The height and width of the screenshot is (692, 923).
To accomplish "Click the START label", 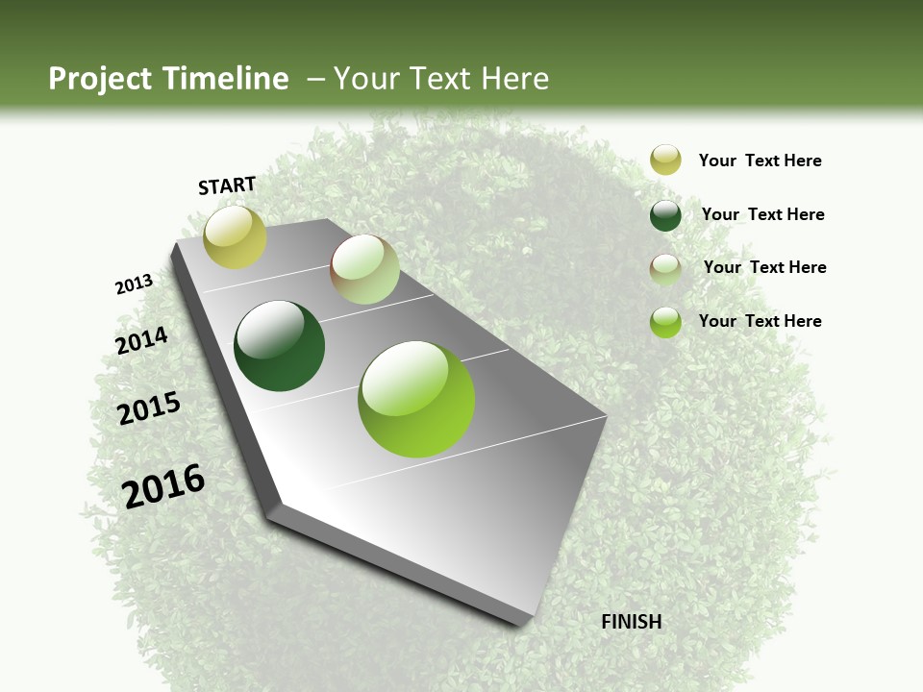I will (227, 185).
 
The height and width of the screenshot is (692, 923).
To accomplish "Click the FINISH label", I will (632, 622).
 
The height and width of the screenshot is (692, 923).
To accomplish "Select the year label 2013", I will (134, 284).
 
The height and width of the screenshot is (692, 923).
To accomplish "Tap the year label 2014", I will (141, 341).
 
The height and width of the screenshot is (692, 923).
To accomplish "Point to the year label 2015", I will (149, 408).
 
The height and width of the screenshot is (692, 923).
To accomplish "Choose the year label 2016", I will (163, 485).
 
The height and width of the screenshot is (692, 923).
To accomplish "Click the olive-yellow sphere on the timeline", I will (235, 236).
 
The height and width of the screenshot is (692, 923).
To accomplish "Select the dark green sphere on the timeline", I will (280, 346).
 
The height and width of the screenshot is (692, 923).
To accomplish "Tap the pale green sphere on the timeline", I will (364, 269).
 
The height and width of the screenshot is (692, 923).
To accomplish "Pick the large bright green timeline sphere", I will (416, 399).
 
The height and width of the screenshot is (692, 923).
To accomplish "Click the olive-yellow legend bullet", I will (665, 160).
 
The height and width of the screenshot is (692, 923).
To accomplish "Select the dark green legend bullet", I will (665, 215).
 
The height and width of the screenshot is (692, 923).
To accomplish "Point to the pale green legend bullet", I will (665, 269).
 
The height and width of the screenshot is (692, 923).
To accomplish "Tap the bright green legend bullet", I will (665, 322).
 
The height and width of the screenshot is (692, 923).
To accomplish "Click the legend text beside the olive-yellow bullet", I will (760, 161).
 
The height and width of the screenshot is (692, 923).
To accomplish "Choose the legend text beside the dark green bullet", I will (762, 214).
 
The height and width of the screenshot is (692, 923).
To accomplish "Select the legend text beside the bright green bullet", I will (760, 321).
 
